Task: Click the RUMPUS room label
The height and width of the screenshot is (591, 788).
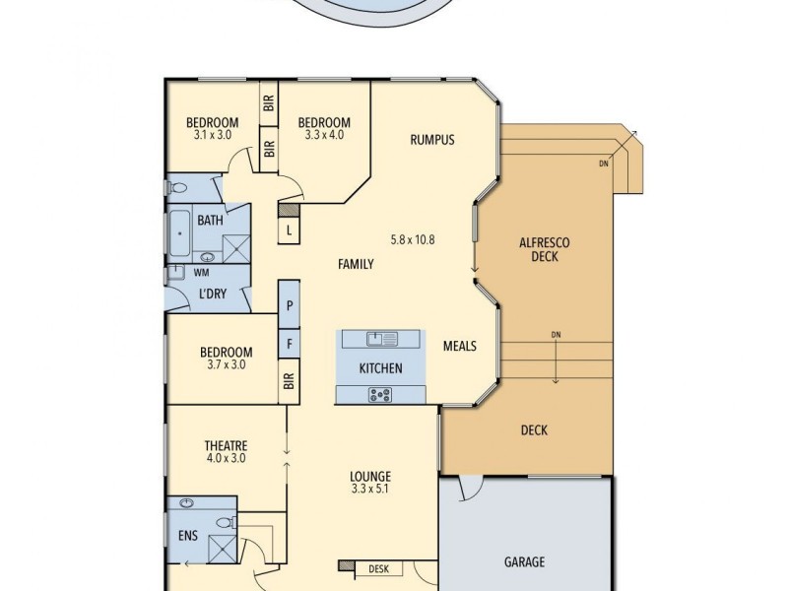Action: [x=431, y=140]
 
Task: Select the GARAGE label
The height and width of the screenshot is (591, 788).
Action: [x=524, y=562]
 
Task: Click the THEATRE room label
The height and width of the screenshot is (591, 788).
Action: [x=225, y=444]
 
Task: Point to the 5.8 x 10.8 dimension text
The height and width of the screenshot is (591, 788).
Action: [x=413, y=239]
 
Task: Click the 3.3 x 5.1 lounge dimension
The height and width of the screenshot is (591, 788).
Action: [x=370, y=488]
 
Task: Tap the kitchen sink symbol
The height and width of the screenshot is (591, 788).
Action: [x=380, y=340]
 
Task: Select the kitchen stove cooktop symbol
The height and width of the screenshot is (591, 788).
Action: [x=380, y=394]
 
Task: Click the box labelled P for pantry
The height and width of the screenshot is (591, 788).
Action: [x=290, y=306]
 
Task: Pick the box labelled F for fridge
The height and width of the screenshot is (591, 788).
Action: [x=290, y=345]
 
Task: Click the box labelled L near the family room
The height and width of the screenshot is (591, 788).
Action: [x=289, y=231]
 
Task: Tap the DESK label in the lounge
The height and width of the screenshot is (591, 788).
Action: [x=378, y=568]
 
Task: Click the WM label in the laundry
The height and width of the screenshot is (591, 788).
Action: [x=201, y=272]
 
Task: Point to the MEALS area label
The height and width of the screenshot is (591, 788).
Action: [x=459, y=346]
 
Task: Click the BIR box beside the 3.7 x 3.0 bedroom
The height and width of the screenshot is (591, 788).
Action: [x=290, y=381]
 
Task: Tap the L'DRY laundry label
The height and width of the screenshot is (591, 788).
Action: [x=214, y=295]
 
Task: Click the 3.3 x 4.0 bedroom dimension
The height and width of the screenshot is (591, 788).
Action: [x=324, y=135]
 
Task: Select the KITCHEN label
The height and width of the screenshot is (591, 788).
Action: [x=380, y=368]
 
